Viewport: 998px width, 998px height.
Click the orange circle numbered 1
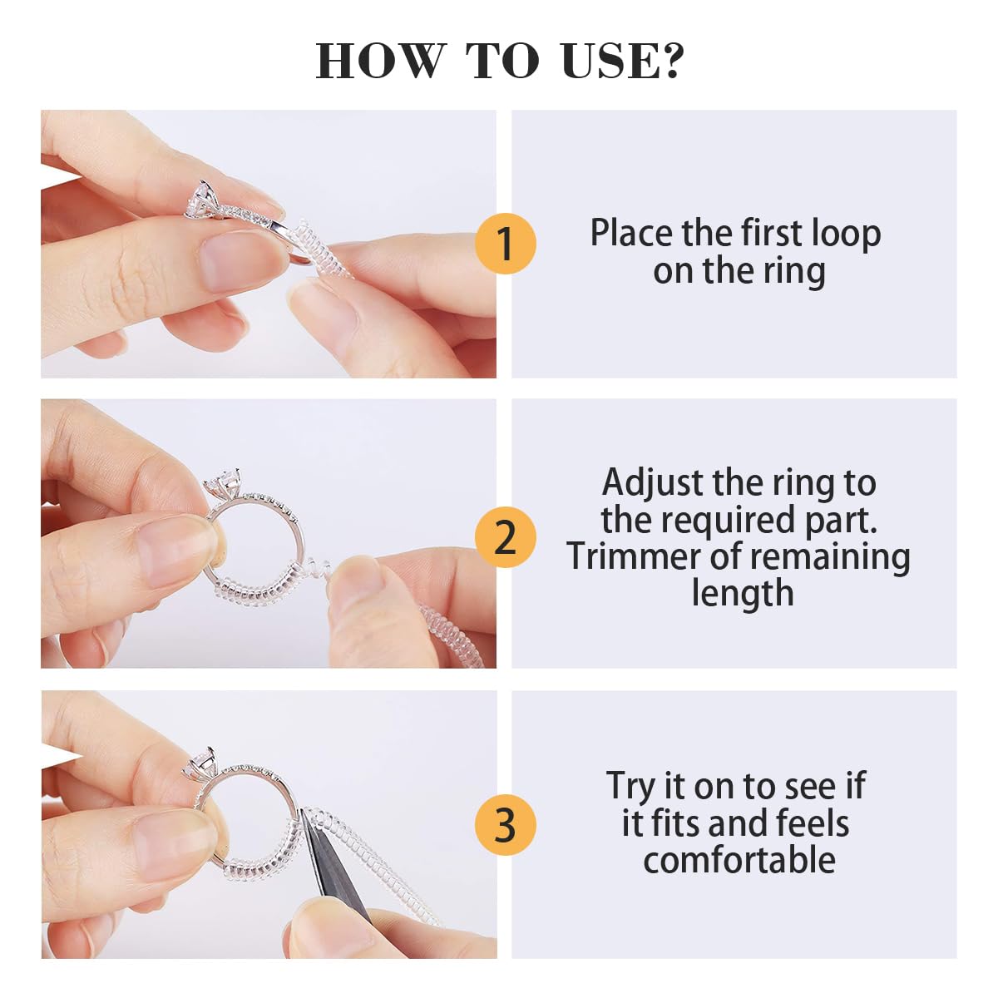pyautogui.click(x=505, y=244)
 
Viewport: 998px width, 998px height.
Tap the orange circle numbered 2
pyautogui.click(x=505, y=537)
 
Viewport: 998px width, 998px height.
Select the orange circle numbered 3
pyautogui.click(x=505, y=825)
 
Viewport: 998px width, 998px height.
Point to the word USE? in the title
pyautogui.click(x=622, y=62)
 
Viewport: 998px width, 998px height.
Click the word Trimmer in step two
pyautogui.click(x=635, y=556)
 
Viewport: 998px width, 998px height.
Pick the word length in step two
pyautogui.click(x=742, y=593)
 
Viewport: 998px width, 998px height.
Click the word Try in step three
pyautogui.click(x=632, y=787)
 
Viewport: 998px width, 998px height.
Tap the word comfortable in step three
pyautogui.click(x=739, y=860)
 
